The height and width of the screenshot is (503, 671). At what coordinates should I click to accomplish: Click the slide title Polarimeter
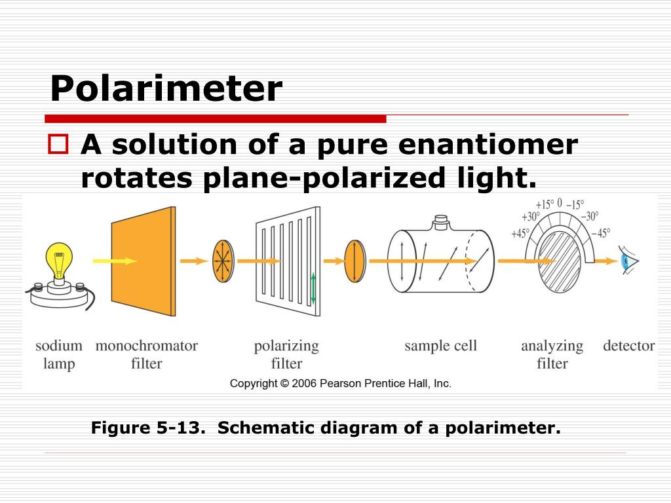click(x=166, y=88)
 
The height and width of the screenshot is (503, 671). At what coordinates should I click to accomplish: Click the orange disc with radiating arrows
click(x=223, y=261)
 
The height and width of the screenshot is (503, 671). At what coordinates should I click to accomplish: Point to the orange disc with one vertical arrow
click(x=355, y=261)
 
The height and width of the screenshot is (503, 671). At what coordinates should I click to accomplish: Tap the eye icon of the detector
click(x=630, y=261)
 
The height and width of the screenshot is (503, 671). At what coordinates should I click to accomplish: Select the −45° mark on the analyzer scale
click(x=600, y=233)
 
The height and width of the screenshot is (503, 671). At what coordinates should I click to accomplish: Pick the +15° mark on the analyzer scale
click(x=545, y=204)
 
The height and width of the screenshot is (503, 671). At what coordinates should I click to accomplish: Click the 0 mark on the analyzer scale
click(x=560, y=202)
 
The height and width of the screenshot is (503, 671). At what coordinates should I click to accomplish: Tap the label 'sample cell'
click(x=440, y=346)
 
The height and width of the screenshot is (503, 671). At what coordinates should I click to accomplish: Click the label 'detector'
click(x=628, y=346)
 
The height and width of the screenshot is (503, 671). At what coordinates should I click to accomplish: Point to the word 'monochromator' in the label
click(x=146, y=346)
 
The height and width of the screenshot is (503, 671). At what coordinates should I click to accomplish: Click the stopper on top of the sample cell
click(x=441, y=225)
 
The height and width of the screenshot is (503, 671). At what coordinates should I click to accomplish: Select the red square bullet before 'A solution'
click(x=58, y=145)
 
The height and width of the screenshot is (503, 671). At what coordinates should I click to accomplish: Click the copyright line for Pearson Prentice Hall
click(x=340, y=384)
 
